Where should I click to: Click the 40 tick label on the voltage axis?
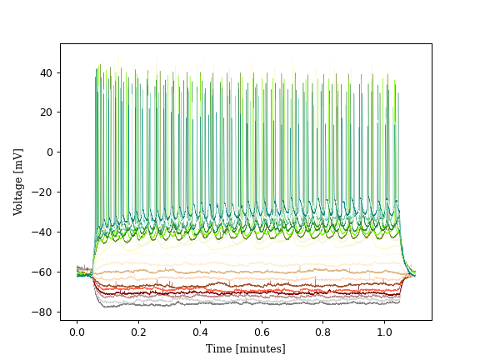click(x=47, y=72)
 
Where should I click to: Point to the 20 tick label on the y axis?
click(x=47, y=112)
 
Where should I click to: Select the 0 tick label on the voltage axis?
click(x=49, y=152)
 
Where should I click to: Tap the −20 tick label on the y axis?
click(x=43, y=192)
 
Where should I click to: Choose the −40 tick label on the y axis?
click(x=43, y=232)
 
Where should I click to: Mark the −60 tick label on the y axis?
click(x=43, y=272)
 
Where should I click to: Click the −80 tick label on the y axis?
click(x=43, y=312)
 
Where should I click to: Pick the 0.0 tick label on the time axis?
click(x=77, y=332)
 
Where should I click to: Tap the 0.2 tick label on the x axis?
click(x=138, y=332)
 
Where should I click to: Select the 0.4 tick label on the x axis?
click(x=200, y=332)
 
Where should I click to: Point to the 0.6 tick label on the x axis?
click(x=262, y=332)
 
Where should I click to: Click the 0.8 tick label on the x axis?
click(x=323, y=332)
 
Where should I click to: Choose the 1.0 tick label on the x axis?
click(x=385, y=332)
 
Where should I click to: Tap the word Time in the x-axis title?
click(x=219, y=348)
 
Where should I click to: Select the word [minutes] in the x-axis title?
click(x=259, y=348)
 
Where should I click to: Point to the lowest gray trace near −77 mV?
click(x=250, y=305)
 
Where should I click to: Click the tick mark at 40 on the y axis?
click(x=60, y=72)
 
